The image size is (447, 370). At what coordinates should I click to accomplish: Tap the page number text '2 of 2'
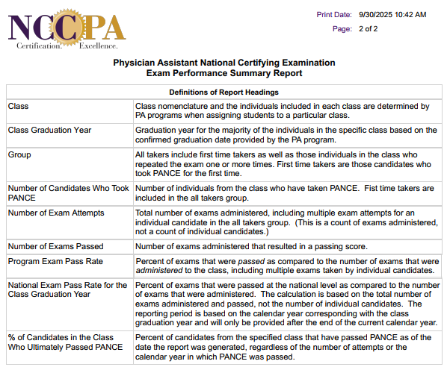point(369,28)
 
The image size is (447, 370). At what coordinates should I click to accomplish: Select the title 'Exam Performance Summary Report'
point(224,73)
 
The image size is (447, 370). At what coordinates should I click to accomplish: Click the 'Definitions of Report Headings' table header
point(223,92)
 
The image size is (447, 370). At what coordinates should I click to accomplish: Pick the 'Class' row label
point(18,106)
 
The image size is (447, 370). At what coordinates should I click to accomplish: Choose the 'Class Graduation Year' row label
point(49,130)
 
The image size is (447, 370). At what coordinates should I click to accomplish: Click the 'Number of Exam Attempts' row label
point(56,213)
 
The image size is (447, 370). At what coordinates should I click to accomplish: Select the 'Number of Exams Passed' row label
point(55,246)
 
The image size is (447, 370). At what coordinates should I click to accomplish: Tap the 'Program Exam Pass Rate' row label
point(55,261)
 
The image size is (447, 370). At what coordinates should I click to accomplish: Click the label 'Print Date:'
point(334,14)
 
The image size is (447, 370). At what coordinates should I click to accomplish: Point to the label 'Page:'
point(342,28)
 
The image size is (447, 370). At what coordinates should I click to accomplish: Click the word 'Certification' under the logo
point(39,46)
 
